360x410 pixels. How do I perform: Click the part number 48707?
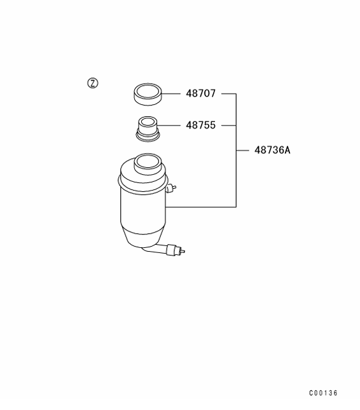click(x=200, y=93)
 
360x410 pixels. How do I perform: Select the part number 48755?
click(x=200, y=125)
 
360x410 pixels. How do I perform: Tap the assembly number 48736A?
click(x=272, y=151)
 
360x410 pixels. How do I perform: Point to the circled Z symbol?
click(x=92, y=83)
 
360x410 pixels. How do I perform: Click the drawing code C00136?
click(x=323, y=393)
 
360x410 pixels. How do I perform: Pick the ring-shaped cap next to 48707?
click(x=148, y=100)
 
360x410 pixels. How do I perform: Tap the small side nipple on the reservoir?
click(x=171, y=188)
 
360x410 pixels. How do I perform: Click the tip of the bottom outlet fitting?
click(x=184, y=251)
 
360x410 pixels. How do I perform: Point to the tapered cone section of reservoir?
click(x=143, y=237)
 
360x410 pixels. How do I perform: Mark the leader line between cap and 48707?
click(x=171, y=93)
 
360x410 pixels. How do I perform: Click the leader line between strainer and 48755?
click(x=170, y=125)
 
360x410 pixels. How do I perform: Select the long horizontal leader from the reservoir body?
click(x=201, y=207)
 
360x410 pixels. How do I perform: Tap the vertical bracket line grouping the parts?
click(x=236, y=151)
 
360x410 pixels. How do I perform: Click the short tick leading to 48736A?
click(x=242, y=151)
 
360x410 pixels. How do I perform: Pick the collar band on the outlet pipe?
click(x=171, y=250)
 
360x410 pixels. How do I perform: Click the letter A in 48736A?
click(x=287, y=151)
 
